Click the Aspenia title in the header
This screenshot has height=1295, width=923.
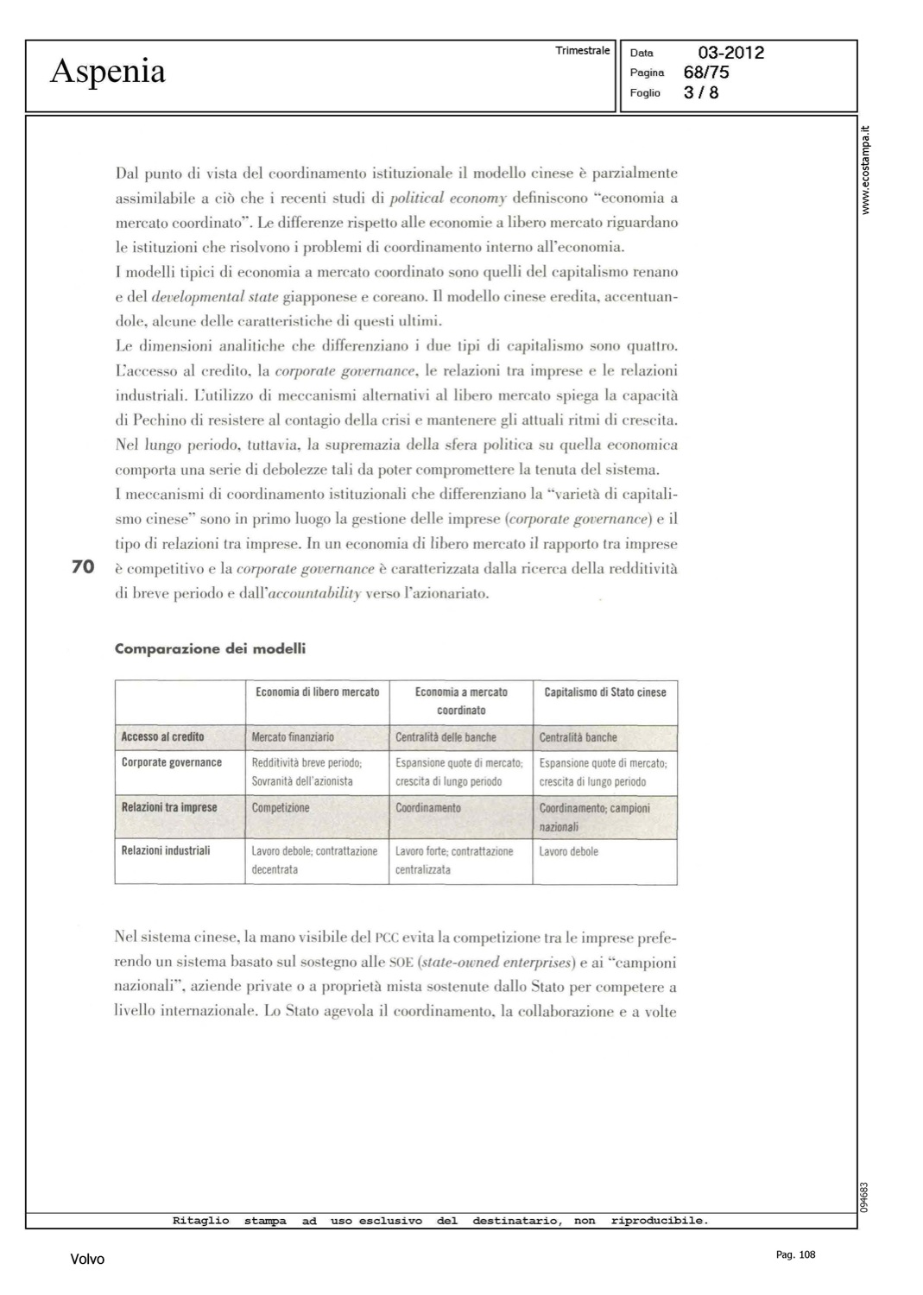[108, 71]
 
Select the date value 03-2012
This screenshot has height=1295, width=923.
[731, 53]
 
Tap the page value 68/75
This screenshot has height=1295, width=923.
[706, 73]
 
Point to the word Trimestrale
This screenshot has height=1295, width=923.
[583, 51]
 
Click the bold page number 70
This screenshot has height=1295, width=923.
[83, 566]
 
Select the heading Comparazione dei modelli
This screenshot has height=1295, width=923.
[210, 648]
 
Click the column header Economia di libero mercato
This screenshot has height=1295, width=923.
[317, 692]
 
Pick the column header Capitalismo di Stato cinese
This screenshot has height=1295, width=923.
[605, 692]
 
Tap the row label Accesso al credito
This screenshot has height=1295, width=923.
[162, 737]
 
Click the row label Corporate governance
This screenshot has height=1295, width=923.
[171, 763]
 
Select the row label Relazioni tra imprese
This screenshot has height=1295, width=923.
[169, 808]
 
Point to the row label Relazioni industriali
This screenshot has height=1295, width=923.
[166, 851]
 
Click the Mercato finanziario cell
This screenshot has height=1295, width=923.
[293, 737]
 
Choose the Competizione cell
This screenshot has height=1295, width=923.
[281, 808]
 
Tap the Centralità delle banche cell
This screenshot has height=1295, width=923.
[446, 737]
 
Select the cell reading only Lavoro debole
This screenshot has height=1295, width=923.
[568, 852]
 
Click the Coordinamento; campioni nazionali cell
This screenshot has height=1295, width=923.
[594, 818]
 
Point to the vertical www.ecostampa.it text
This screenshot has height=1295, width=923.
[866, 170]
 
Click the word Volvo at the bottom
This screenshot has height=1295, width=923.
[87, 1260]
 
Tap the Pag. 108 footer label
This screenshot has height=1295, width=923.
[795, 1254]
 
